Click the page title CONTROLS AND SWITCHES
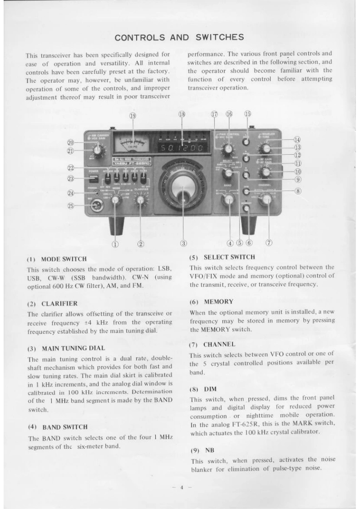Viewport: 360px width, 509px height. pos(179,37)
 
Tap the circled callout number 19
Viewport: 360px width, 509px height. pos(133,116)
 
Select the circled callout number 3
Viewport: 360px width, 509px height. pos(183,243)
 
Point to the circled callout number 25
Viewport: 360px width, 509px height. pos(71,206)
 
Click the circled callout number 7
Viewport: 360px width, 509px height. pos(269,243)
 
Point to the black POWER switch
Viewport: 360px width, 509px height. pos(94,179)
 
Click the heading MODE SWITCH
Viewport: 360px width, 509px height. pos(64,259)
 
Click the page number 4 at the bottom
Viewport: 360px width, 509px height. pos(181,488)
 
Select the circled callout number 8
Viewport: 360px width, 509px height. pos(298,191)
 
